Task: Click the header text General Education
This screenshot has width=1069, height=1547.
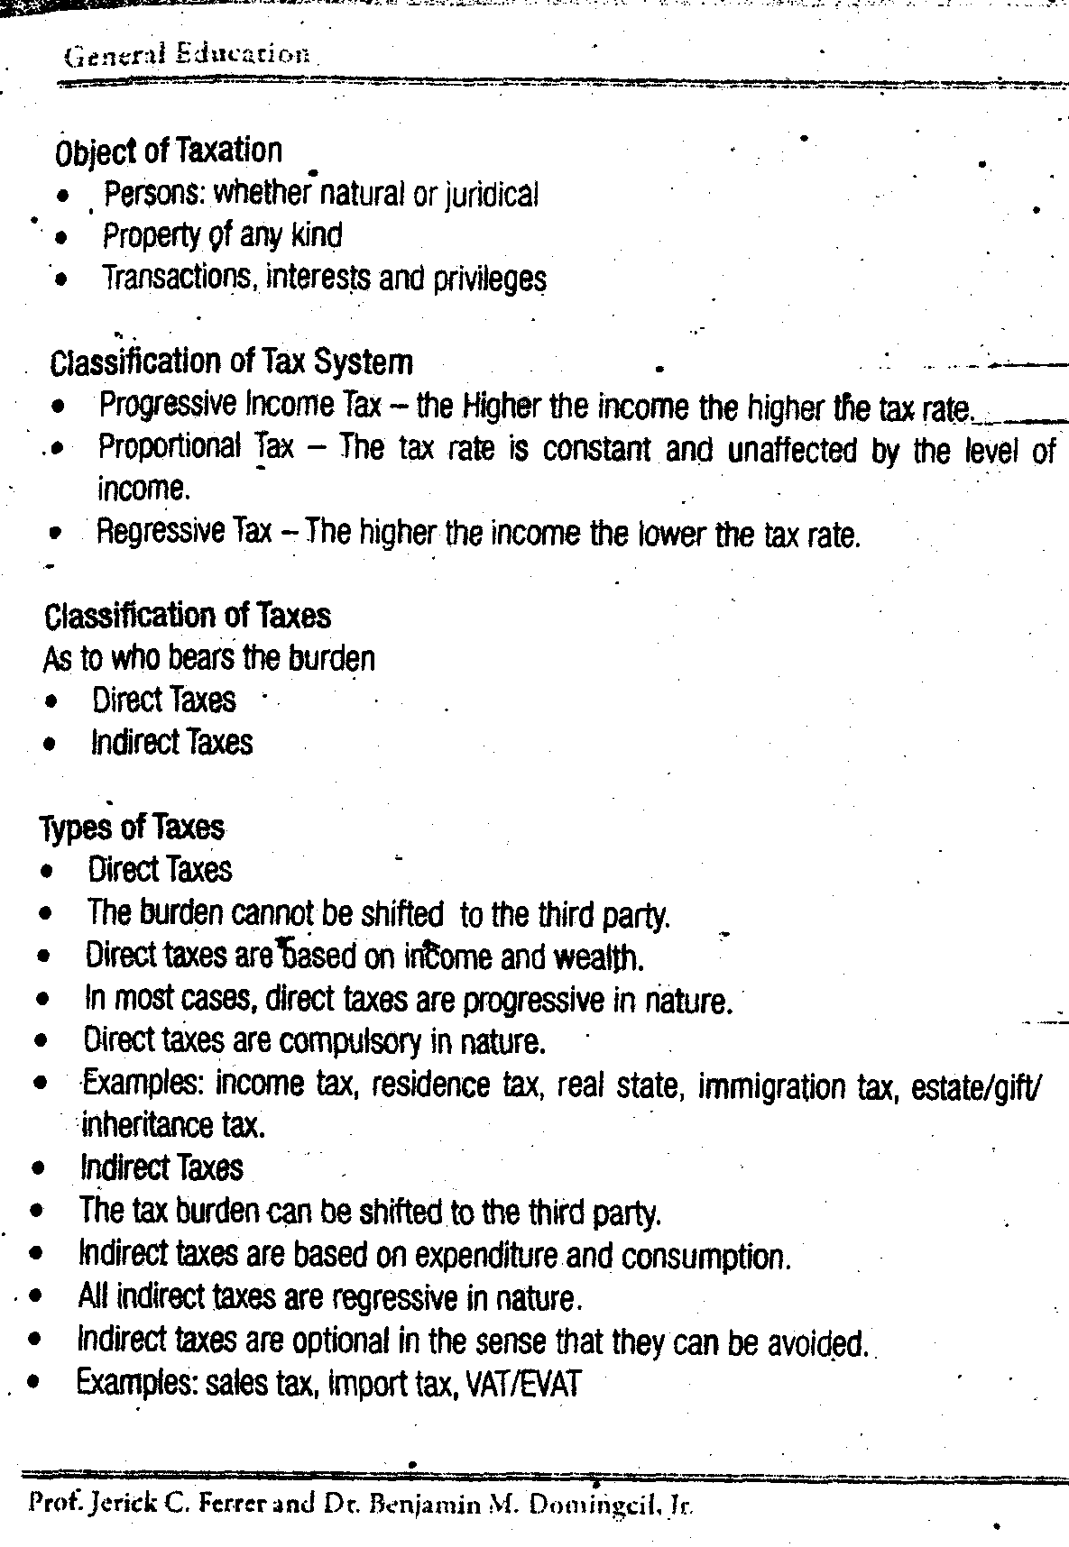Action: click(x=188, y=54)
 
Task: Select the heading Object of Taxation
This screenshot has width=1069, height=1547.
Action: click(x=169, y=151)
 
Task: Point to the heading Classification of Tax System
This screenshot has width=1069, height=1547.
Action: click(x=232, y=362)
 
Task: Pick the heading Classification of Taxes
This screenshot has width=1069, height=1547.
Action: click(x=188, y=617)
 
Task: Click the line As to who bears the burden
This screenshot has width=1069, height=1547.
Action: click(x=208, y=659)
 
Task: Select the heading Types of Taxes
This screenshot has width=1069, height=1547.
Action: click(x=133, y=828)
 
